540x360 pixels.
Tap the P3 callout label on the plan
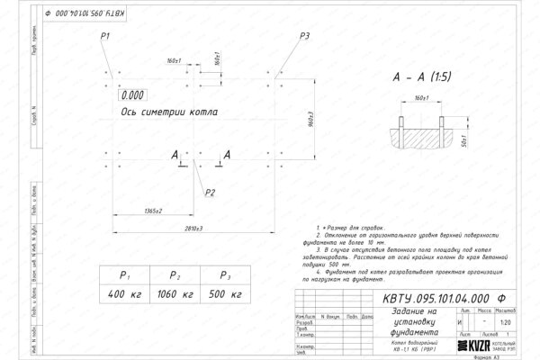[x=305, y=35]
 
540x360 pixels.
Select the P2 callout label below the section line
[x=210, y=192]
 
